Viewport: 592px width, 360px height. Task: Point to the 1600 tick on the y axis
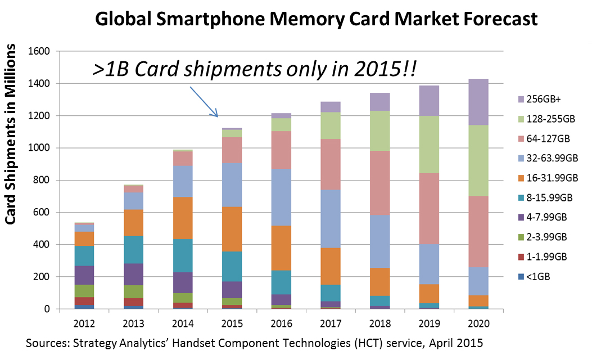pos(39,51)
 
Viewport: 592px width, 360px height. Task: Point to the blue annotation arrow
pos(204,102)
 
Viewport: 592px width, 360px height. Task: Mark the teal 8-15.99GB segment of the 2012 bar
pos(84,255)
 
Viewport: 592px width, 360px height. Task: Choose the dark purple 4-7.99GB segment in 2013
pos(134,274)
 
